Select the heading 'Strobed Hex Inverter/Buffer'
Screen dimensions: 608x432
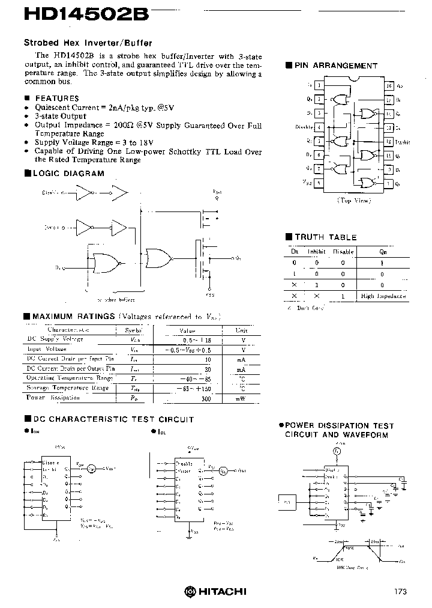tap(88, 43)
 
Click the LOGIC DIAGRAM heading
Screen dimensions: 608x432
tap(69, 174)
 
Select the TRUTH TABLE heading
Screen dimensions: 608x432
tap(325, 237)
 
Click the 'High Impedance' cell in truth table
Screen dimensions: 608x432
tap(383, 296)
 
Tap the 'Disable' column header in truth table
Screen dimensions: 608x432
tap(343, 252)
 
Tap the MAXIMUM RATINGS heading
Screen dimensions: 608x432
tap(73, 317)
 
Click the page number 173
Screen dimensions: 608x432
tap(400, 591)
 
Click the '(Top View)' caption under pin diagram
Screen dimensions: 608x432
tap(353, 200)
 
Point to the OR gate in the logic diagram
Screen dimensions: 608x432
tap(158, 258)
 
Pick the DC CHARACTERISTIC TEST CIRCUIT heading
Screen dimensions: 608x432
tap(112, 419)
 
